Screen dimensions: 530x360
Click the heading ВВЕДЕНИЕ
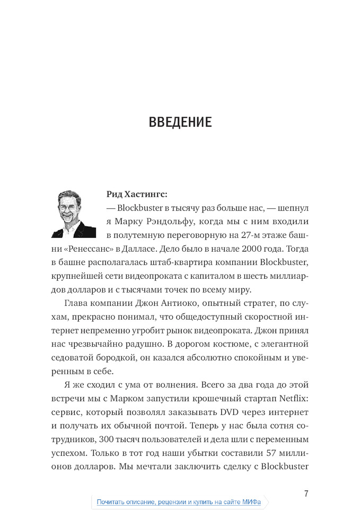(x=180, y=122)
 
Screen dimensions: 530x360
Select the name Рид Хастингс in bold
(x=137, y=194)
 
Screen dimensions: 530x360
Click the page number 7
(x=306, y=494)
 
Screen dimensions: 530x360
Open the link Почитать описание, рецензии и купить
(x=179, y=502)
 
